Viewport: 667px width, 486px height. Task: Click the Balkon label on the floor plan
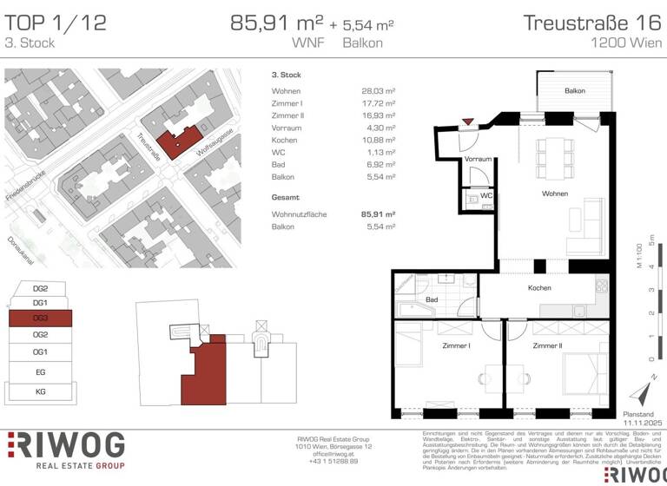(x=574, y=91)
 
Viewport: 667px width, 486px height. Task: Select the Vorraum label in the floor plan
(x=478, y=160)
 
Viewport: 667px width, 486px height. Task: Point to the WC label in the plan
(x=487, y=196)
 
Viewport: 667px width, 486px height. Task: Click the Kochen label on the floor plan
(x=539, y=288)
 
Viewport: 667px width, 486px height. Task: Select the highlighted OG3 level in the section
(x=40, y=319)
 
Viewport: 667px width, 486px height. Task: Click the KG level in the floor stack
(x=40, y=391)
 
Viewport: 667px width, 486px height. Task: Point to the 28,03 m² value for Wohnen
(x=378, y=91)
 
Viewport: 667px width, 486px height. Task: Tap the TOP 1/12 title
(x=56, y=23)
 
